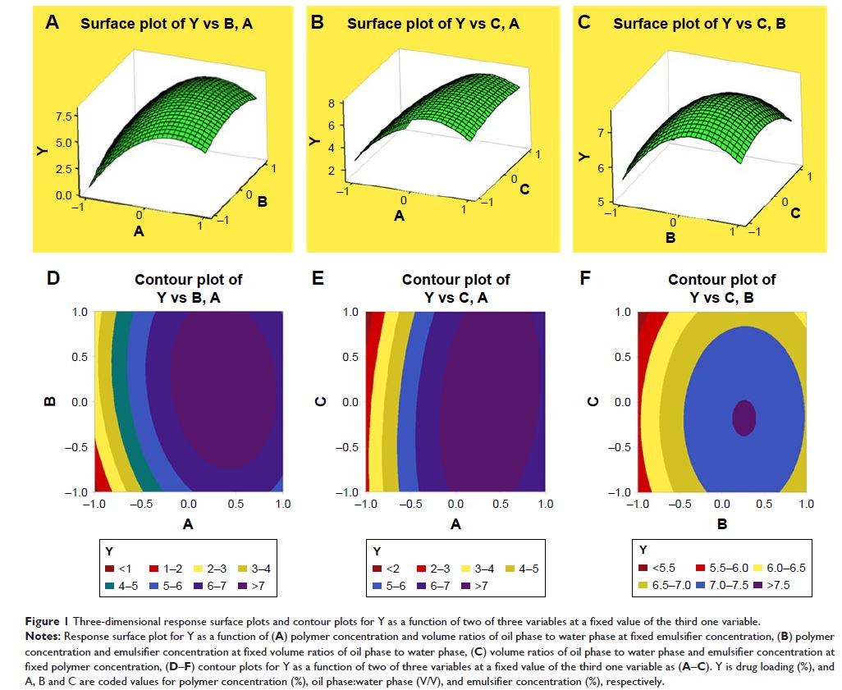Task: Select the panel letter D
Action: (x=53, y=279)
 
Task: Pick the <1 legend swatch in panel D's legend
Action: (x=109, y=568)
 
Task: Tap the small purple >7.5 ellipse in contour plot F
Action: (x=744, y=418)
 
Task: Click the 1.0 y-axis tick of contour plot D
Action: (x=80, y=312)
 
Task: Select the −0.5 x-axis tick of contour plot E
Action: (x=408, y=505)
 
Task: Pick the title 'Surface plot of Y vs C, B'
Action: (x=700, y=24)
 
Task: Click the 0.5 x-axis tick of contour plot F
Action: (x=764, y=505)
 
